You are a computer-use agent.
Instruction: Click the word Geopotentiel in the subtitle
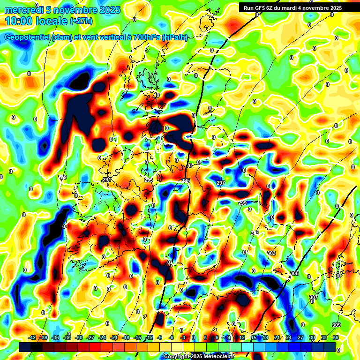[x=28, y=37]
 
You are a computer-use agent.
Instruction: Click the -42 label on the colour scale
[x=32, y=337]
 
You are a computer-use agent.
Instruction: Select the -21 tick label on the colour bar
[x=114, y=337]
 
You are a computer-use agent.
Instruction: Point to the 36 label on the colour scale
[x=336, y=337]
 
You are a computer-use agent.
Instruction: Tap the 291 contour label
[x=107, y=180]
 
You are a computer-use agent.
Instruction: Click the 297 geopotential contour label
[x=221, y=183]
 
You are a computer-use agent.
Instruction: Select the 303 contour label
[x=271, y=253]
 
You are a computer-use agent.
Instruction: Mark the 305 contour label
[x=294, y=273]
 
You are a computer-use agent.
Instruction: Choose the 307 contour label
[x=314, y=298]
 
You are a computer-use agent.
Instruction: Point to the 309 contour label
[x=336, y=325]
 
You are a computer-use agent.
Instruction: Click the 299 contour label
[x=242, y=202]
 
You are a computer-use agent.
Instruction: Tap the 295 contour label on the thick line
[x=186, y=180]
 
